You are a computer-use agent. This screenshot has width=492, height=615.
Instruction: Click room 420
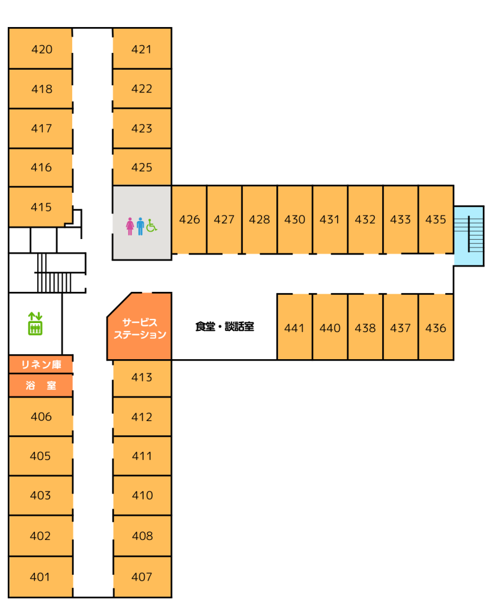41,49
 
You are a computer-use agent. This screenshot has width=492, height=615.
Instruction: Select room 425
142,167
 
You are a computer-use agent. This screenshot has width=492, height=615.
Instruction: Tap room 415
41,207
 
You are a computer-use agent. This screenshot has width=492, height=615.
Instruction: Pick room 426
189,220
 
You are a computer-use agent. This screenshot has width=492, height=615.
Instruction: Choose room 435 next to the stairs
436,220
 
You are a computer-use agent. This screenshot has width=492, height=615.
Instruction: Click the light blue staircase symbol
469,235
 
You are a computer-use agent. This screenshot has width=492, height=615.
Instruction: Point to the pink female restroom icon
130,226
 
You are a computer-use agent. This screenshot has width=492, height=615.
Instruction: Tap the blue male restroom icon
140,226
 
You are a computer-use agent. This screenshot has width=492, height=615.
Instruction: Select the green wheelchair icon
151,226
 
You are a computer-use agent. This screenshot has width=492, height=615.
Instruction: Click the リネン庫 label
41,364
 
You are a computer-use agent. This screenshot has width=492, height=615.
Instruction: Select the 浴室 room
41,386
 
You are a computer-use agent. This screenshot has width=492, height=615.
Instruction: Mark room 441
294,328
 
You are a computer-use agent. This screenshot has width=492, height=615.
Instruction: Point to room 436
436,328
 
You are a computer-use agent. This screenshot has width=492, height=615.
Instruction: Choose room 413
142,378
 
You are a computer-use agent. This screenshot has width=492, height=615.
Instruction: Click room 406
41,417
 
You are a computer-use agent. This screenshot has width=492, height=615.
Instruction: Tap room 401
40,577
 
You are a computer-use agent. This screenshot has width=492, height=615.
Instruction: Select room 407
142,577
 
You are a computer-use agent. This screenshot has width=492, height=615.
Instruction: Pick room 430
294,220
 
